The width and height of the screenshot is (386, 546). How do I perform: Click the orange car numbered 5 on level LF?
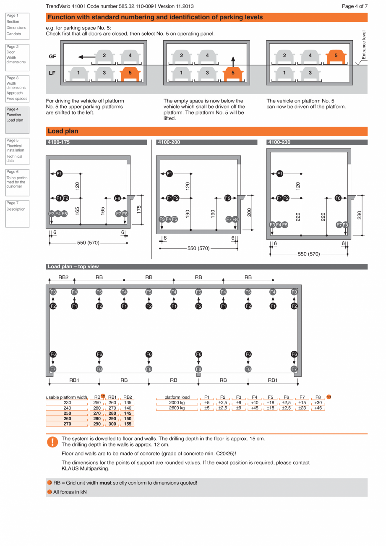(130, 73)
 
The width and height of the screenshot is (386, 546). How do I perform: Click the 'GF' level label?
(52, 56)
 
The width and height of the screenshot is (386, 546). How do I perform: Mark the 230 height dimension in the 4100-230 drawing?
(360, 214)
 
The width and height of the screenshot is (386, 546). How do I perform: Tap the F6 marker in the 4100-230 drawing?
(338, 198)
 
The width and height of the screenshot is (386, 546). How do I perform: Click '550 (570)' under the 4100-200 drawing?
(198, 248)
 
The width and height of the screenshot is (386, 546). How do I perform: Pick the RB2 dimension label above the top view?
(63, 277)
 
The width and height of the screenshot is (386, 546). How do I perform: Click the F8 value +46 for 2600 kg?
(318, 408)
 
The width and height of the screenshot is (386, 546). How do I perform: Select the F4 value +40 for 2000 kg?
(254, 402)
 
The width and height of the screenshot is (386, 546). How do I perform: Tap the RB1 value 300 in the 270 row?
(112, 424)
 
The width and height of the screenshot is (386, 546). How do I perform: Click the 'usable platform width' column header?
(67, 397)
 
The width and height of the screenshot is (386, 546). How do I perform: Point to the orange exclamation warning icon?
(52, 442)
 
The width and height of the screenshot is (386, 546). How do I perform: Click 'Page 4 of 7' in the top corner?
(355, 6)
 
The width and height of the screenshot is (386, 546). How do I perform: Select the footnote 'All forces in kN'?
(70, 492)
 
